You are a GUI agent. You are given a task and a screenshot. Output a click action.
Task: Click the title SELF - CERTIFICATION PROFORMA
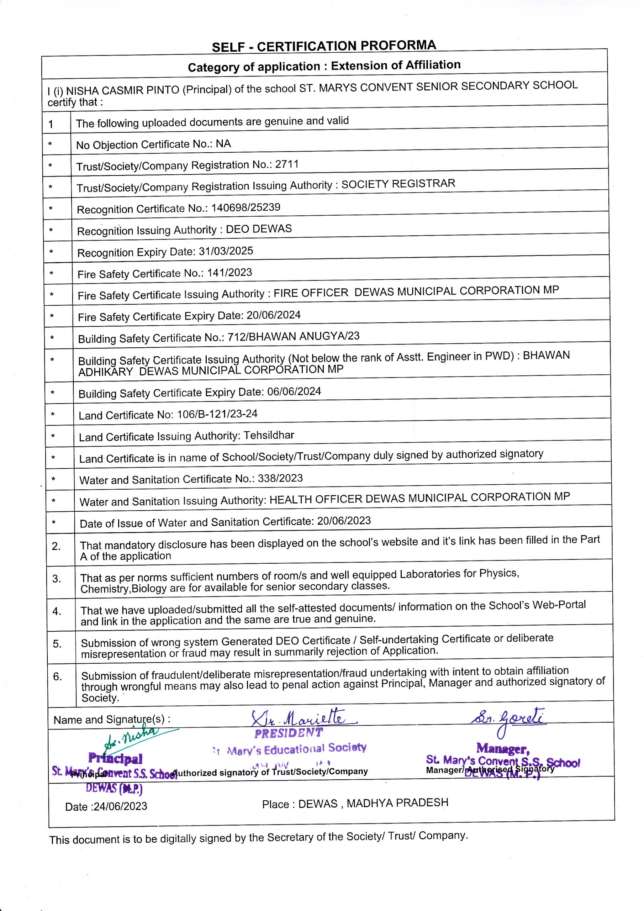(x=323, y=46)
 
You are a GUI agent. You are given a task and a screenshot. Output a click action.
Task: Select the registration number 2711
(x=287, y=164)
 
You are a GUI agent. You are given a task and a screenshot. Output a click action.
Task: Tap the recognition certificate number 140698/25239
(x=246, y=207)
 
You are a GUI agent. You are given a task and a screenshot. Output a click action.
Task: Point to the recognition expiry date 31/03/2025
(x=226, y=251)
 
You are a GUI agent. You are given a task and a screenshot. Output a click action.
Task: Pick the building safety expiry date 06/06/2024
(x=294, y=391)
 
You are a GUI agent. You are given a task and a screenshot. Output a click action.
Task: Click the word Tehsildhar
(x=269, y=435)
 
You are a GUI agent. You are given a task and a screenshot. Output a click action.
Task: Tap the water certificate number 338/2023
(x=280, y=478)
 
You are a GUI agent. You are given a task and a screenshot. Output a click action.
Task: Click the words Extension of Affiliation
(x=396, y=65)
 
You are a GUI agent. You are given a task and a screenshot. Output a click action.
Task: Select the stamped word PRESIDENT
(x=289, y=733)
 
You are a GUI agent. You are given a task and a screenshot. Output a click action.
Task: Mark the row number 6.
(x=58, y=676)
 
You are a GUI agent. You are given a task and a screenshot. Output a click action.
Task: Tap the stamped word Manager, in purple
(x=503, y=748)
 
